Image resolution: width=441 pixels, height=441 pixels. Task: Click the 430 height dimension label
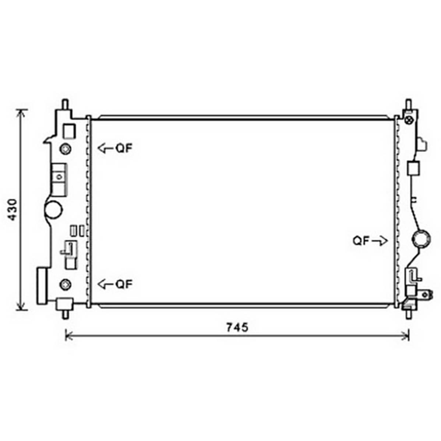coord(13,209)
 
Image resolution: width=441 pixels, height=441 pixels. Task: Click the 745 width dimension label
coord(237,327)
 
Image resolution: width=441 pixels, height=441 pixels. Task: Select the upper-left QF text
coord(124,148)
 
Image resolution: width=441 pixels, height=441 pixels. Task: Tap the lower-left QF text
coord(124,284)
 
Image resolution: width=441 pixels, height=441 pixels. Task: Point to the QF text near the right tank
coord(361,241)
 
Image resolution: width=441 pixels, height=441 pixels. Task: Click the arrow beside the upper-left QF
coord(105,148)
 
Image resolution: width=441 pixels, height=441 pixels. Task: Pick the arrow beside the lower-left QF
coord(105,284)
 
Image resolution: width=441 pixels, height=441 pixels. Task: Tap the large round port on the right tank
coord(421,239)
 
